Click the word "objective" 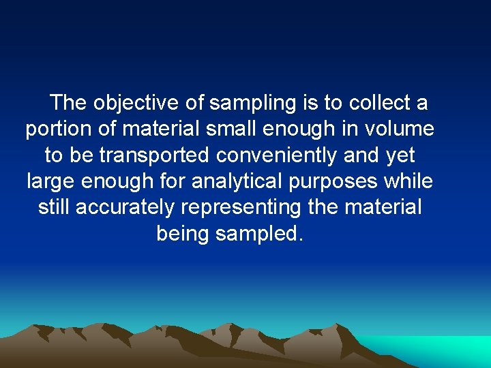point(136,104)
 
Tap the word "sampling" point(252,104)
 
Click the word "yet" point(400,155)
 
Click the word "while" point(409,181)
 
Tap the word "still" point(54,207)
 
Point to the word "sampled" point(258,233)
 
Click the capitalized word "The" point(68,104)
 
